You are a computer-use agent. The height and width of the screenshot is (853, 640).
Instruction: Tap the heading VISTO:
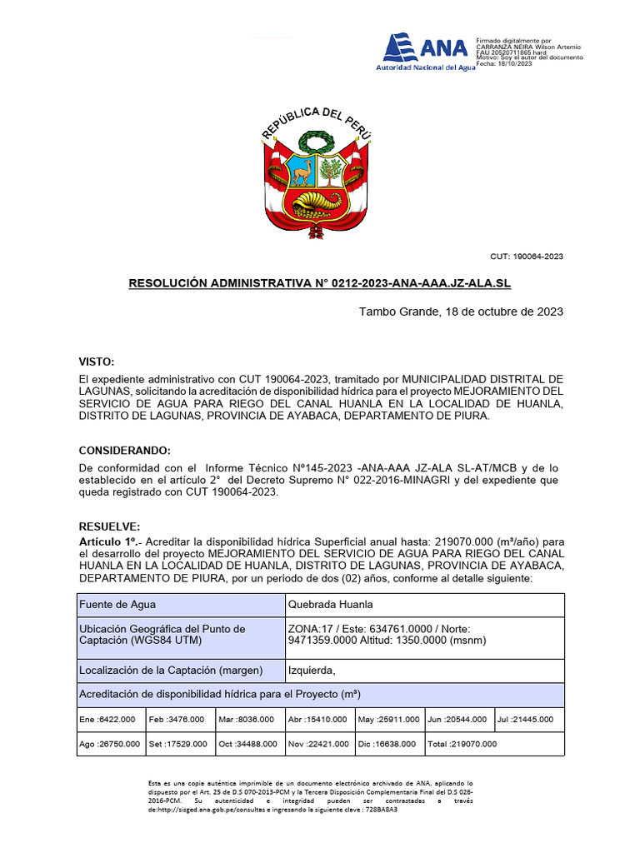(x=96, y=362)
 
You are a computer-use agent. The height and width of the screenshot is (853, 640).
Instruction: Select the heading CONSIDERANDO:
(x=124, y=450)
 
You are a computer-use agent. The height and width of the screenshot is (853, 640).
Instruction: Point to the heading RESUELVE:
(x=109, y=527)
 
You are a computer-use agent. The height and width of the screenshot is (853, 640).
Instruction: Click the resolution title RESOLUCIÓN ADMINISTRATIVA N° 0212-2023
(x=319, y=284)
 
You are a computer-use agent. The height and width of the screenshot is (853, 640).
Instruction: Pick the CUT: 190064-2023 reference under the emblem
(x=526, y=257)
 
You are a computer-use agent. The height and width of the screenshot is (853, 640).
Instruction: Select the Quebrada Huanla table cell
(x=330, y=604)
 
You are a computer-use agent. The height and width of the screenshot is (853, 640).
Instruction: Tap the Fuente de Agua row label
(x=117, y=604)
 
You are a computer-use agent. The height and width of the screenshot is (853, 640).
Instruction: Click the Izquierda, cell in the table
(x=311, y=670)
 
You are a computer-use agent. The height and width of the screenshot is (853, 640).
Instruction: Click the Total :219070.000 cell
(x=461, y=744)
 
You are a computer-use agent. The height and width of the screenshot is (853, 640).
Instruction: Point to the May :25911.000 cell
(x=389, y=720)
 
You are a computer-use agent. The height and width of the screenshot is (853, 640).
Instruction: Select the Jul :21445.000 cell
(x=529, y=720)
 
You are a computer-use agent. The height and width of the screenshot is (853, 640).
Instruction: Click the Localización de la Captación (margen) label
(x=171, y=670)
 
